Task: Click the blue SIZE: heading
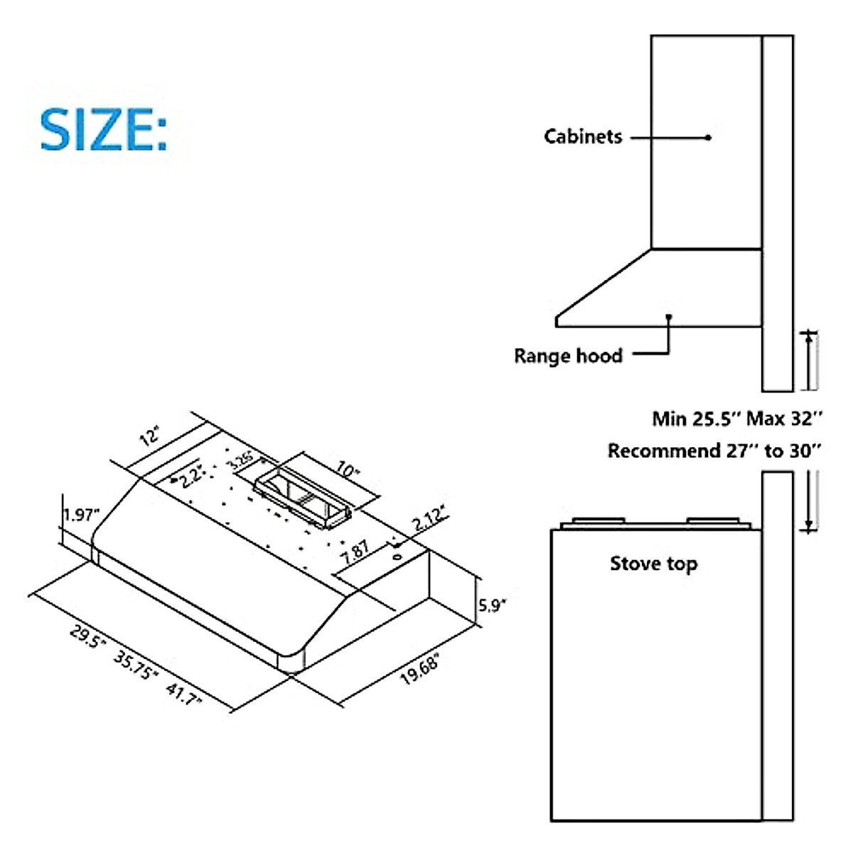104,129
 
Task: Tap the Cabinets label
583,136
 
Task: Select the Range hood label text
568,355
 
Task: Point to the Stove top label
653,564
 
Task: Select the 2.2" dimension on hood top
192,475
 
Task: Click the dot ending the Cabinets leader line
709,137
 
